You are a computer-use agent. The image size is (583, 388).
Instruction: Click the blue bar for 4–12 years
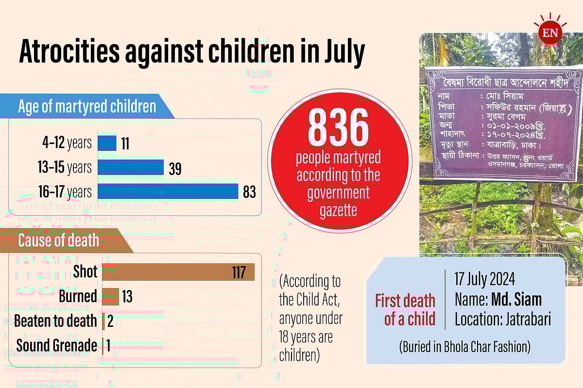pyautogui.click(x=107, y=143)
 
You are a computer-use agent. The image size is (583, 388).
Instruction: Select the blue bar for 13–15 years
pyautogui.click(x=131, y=167)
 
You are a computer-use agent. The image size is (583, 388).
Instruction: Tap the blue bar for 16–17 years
pyautogui.click(x=168, y=192)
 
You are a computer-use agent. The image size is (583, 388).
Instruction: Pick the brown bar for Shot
pyautogui.click(x=178, y=272)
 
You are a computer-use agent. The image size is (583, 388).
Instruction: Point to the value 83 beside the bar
pyautogui.click(x=249, y=192)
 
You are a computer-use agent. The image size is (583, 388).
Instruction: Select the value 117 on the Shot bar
pyautogui.click(x=239, y=272)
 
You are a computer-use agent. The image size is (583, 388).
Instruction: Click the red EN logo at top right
pyautogui.click(x=551, y=33)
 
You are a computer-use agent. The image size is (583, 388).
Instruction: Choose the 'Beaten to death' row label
pyautogui.click(x=56, y=321)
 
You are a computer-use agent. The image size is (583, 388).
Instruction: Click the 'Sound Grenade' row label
pyautogui.click(x=57, y=346)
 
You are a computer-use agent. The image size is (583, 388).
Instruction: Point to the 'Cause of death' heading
pyautogui.click(x=58, y=240)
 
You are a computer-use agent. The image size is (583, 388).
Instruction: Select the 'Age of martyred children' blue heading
pyautogui.click(x=87, y=107)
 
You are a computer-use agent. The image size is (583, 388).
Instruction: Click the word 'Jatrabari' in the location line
pyautogui.click(x=528, y=320)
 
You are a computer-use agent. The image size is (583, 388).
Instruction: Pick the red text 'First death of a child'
pyautogui.click(x=404, y=310)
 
